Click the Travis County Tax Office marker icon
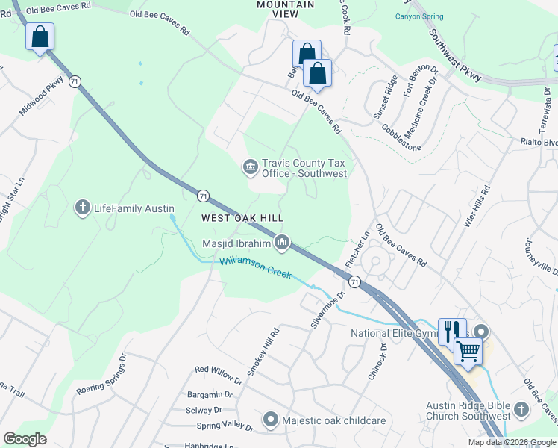251,166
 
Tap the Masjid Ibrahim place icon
283,242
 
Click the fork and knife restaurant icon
451,331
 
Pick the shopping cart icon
468,349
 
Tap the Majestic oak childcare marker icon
271,420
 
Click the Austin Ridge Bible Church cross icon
521,410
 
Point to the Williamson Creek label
255,267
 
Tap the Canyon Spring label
419,16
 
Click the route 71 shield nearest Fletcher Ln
354,281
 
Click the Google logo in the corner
25,438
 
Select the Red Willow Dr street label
218,375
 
